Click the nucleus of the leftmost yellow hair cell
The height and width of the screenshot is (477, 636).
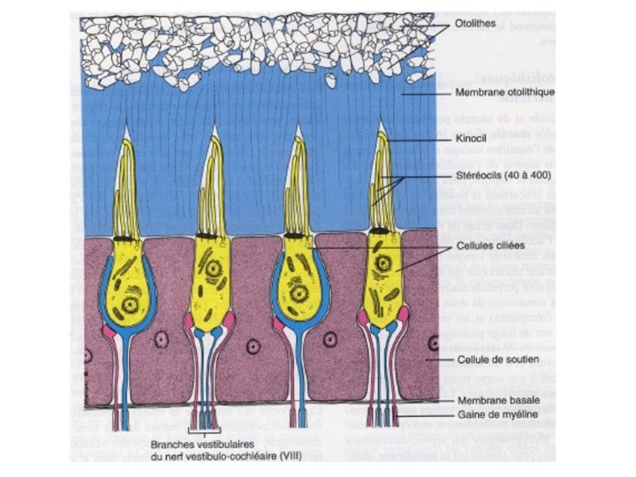click(x=132, y=305)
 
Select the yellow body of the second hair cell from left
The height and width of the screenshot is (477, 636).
click(x=213, y=283)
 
